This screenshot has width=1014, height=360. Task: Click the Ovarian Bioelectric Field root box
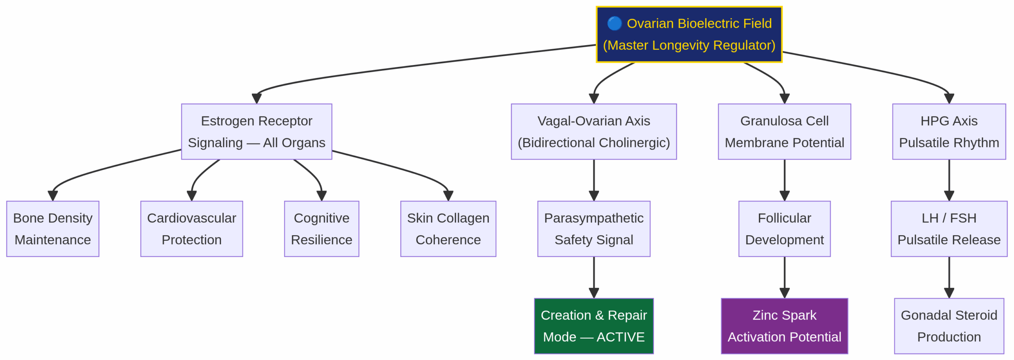click(x=688, y=34)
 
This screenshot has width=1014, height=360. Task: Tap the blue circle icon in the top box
click(x=614, y=23)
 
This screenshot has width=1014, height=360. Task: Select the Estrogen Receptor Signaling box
click(x=256, y=131)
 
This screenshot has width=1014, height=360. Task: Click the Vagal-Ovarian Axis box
click(x=593, y=131)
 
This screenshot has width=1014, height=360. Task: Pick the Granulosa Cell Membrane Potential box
click(x=784, y=131)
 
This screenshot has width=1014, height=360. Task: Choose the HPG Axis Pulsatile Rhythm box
click(x=949, y=131)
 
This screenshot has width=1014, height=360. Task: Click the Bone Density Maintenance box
click(x=53, y=229)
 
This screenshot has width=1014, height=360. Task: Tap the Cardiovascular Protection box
click(x=191, y=229)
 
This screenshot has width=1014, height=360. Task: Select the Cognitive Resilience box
click(x=321, y=229)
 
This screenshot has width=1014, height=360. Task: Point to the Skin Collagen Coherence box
click(x=448, y=229)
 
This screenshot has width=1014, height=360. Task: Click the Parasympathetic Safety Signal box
click(x=593, y=229)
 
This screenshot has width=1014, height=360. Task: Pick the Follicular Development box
click(x=784, y=229)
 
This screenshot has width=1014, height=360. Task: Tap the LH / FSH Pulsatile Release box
click(x=949, y=229)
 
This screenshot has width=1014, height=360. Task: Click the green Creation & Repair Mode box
click(x=593, y=326)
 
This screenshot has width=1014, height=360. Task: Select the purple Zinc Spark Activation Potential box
click(x=784, y=326)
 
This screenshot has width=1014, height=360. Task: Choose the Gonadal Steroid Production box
click(x=949, y=326)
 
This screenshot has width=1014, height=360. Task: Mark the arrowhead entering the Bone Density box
click(x=53, y=196)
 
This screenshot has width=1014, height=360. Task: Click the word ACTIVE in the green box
click(x=620, y=337)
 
